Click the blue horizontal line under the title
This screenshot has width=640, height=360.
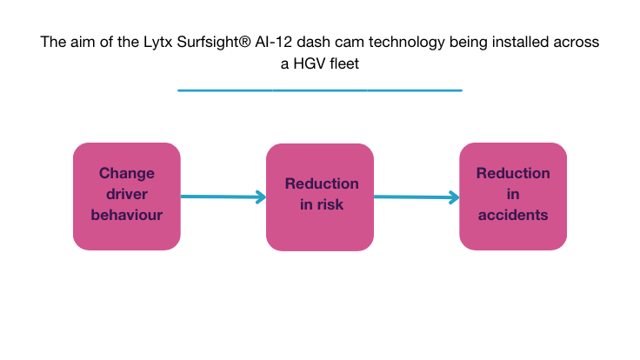(319, 90)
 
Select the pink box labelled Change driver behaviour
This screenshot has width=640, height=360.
(126, 196)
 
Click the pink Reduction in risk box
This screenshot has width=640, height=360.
(320, 196)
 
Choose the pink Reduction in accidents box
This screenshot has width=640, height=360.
(513, 196)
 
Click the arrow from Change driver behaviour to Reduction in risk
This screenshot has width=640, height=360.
(223, 197)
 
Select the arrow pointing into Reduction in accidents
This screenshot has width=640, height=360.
(417, 198)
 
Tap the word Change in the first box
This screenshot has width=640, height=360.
(126, 173)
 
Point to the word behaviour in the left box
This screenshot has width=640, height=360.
(126, 214)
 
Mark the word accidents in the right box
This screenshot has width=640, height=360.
(513, 214)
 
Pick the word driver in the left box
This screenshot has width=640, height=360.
(126, 193)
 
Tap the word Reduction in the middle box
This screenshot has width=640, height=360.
(322, 183)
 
